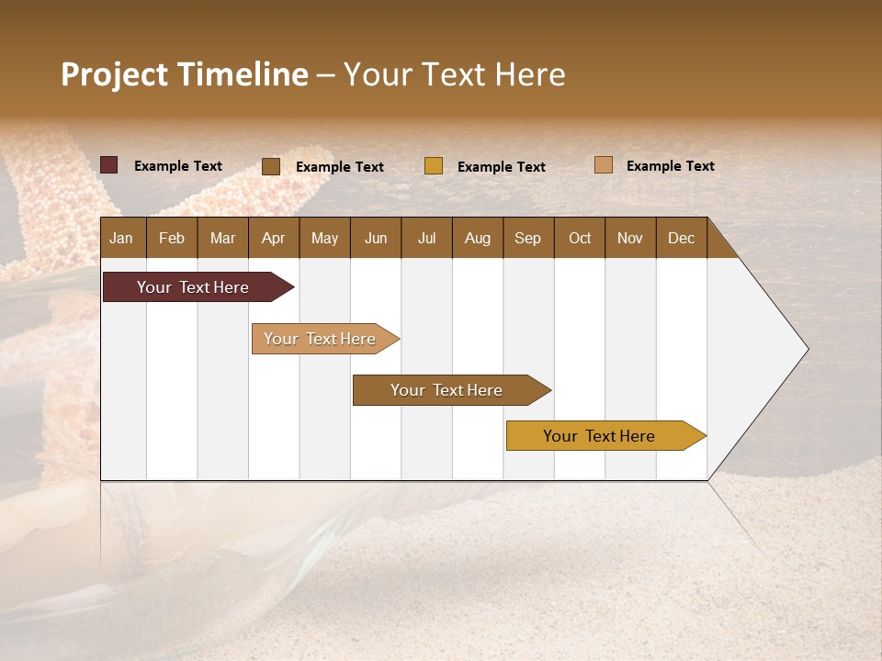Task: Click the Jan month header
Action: click(122, 238)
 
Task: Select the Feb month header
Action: click(172, 238)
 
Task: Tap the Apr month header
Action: click(273, 238)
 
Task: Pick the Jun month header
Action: click(376, 238)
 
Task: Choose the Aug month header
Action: click(477, 238)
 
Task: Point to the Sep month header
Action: click(527, 238)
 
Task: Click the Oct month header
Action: click(580, 238)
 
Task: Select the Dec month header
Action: click(681, 238)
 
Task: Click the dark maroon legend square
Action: click(108, 165)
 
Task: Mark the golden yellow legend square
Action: click(434, 166)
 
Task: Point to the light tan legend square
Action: click(603, 165)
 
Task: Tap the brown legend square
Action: click(271, 166)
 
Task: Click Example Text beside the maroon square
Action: click(178, 166)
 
